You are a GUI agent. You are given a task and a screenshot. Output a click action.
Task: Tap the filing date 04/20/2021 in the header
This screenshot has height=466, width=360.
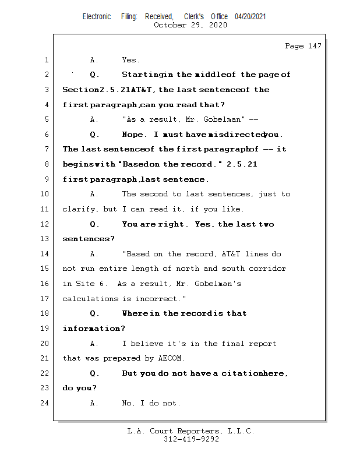pos(250,17)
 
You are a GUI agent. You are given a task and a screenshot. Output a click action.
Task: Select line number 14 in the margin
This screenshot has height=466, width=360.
pos(46,254)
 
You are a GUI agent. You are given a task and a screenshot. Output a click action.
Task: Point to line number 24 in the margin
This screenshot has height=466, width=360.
pos(46,403)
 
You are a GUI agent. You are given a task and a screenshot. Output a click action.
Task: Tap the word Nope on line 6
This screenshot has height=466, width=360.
pos(133,135)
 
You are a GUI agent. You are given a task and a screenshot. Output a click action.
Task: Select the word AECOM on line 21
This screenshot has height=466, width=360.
pos(171,358)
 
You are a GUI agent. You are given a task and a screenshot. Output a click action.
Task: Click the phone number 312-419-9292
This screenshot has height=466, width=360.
pos(191,440)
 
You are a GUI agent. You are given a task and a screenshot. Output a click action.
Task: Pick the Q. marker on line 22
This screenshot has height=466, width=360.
pos(94,373)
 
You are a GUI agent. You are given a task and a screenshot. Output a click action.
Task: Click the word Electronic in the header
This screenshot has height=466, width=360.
pos(97,17)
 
